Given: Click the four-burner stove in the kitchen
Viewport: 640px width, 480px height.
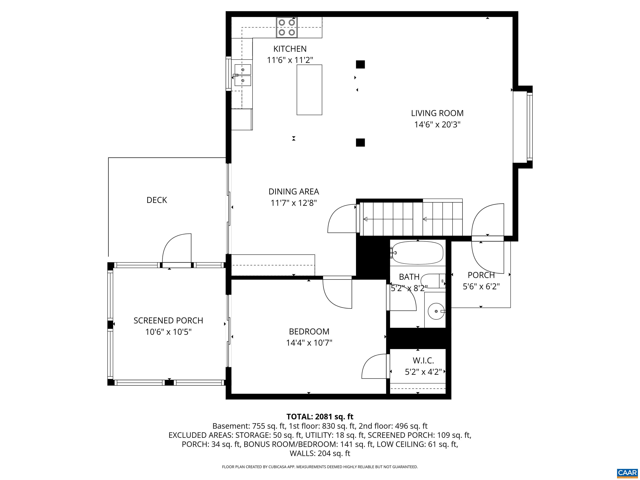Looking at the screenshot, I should click(x=287, y=27).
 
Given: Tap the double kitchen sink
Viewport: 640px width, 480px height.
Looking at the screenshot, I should click(x=242, y=75).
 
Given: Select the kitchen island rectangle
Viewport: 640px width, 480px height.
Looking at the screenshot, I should click(x=309, y=90).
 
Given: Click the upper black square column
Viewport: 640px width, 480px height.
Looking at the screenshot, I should click(x=360, y=64).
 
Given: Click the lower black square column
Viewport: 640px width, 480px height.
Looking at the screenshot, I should click(x=360, y=142).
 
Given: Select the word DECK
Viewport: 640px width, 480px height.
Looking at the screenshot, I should click(x=156, y=200).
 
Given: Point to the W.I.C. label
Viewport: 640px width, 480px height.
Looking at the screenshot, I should click(x=423, y=360).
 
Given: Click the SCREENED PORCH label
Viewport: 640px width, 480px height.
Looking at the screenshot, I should click(x=168, y=321).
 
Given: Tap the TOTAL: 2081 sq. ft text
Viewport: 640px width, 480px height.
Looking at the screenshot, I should click(x=320, y=417).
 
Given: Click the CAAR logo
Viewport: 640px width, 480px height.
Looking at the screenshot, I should click(x=627, y=473).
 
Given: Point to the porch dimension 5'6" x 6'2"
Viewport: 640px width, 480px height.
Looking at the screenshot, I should click(x=481, y=286).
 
